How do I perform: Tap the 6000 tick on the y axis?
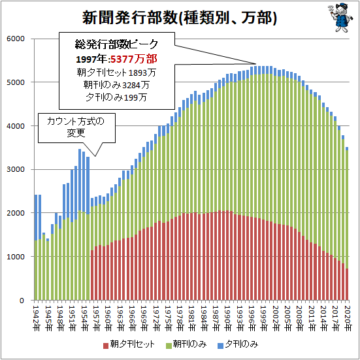[15, 39]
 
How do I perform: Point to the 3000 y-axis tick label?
[15, 169]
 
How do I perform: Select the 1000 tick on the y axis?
[15, 257]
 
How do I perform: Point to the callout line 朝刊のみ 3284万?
[116, 85]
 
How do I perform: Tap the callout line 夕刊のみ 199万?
[116, 97]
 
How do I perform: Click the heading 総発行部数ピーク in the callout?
[116, 45]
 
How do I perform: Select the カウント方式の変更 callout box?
[75, 127]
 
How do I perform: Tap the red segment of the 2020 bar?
[347, 284]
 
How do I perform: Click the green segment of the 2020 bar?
[347, 209]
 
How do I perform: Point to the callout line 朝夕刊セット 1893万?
[116, 73]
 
